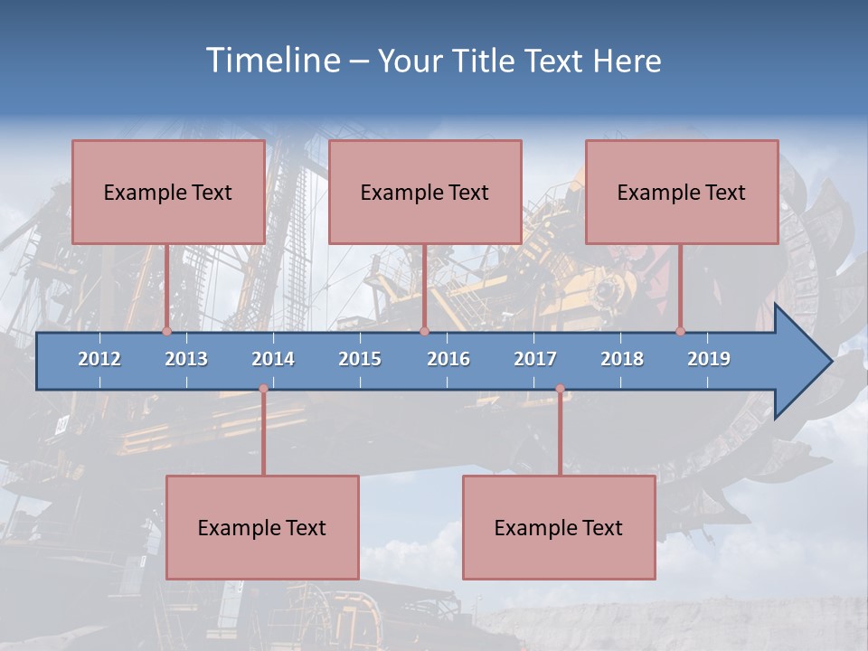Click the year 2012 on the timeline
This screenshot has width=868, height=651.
click(99, 359)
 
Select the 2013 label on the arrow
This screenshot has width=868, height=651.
click(186, 359)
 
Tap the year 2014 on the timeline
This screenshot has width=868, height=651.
click(273, 359)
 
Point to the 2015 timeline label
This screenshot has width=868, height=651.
click(360, 359)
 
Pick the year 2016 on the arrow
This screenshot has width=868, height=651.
click(448, 359)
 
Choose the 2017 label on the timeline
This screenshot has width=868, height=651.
click(535, 359)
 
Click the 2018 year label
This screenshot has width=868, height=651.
click(622, 359)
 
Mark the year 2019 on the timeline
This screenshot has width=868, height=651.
click(709, 359)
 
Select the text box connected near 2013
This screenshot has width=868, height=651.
click(168, 192)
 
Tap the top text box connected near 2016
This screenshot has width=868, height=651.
click(425, 192)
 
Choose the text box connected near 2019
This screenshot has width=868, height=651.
click(682, 192)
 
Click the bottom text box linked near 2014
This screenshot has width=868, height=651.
click(262, 527)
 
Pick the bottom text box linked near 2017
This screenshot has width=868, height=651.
click(559, 527)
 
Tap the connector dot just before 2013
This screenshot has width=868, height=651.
click(167, 331)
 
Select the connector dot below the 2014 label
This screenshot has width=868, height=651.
click(263, 389)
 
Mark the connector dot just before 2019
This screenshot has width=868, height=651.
click(681, 331)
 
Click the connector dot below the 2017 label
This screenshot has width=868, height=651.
click(560, 389)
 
